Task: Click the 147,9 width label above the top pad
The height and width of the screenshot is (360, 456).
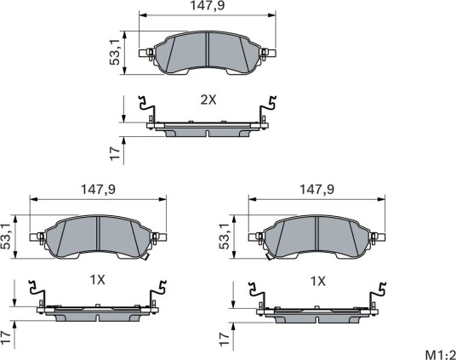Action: click(208, 5)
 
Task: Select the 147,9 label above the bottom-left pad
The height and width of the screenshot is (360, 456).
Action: click(98, 190)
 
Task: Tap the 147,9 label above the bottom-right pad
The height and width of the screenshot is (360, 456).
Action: click(317, 190)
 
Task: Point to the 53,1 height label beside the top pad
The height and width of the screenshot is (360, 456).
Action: click(115, 53)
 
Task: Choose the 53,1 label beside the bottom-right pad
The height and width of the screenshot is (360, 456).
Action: click(225, 237)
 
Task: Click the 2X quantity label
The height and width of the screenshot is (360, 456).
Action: click(208, 100)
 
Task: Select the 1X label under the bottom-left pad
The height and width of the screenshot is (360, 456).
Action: click(98, 280)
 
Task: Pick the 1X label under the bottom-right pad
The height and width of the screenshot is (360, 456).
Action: click(318, 282)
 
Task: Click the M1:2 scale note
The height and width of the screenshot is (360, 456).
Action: click(441, 355)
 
